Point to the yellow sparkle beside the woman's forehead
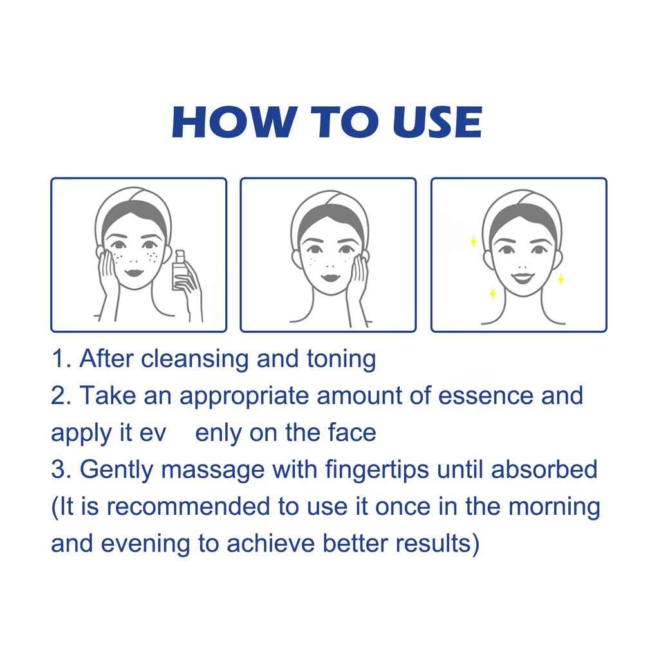pos(473,242)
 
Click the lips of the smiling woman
pos(523,277)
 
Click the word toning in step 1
pos(341,360)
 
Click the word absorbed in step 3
pos(544,469)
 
